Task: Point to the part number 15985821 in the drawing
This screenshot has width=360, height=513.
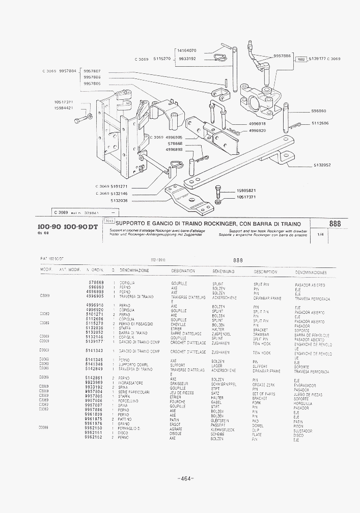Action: (246, 191)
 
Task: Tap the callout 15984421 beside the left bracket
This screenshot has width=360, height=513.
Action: (63, 108)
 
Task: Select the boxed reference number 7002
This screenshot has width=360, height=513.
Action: (301, 59)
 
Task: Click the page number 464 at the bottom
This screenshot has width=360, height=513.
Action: (185, 478)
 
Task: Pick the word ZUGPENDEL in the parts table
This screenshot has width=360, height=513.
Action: (221, 334)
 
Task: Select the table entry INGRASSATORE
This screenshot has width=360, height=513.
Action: (131, 383)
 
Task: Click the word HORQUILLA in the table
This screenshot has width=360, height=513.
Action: (303, 403)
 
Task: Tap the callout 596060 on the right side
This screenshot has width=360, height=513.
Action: (319, 111)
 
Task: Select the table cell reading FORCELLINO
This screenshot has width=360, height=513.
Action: (129, 400)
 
